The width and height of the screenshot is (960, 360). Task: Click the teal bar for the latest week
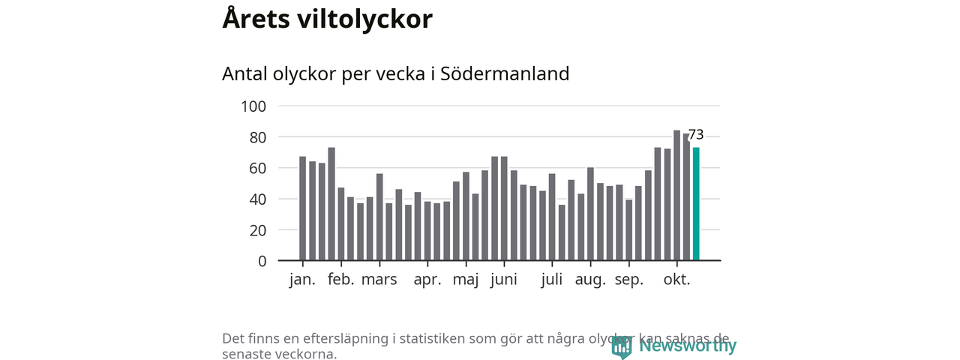[696, 204]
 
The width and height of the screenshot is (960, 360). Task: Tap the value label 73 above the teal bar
[696, 135]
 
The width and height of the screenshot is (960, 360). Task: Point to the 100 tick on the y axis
[253, 106]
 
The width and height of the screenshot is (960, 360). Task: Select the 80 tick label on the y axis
[258, 137]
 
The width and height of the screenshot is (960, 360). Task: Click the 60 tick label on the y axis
[258, 168]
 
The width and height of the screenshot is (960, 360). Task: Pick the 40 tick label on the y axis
[258, 199]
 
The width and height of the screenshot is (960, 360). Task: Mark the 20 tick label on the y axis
[258, 230]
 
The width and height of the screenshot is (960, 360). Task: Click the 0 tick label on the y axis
[262, 261]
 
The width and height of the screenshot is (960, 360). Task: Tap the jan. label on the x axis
[303, 280]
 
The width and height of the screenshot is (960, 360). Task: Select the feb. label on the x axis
[341, 280]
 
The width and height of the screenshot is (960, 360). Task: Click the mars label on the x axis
[379, 280]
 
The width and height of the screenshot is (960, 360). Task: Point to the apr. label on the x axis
[427, 280]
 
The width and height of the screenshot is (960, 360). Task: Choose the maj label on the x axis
[466, 280]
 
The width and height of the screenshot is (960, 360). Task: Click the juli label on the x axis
[552, 280]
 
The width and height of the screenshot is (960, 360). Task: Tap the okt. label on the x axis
[677, 280]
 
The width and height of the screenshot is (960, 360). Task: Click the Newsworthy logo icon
[621, 346]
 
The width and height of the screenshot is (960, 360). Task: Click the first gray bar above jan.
[303, 208]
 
